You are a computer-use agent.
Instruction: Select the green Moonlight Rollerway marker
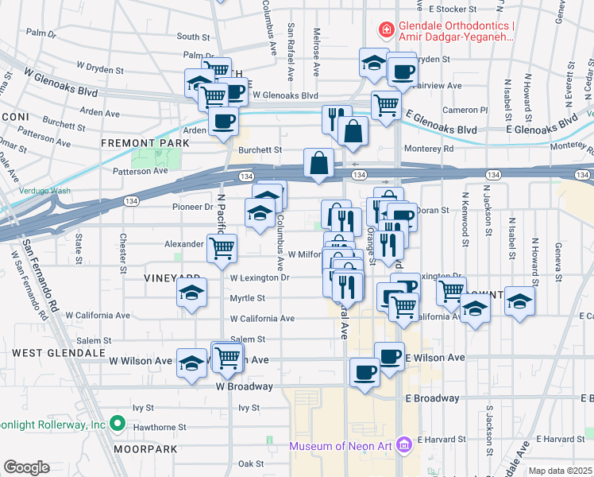[118, 423]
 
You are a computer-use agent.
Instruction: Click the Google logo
[26, 467]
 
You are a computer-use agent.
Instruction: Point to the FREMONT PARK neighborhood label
[145, 143]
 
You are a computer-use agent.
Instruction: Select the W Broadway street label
[244, 386]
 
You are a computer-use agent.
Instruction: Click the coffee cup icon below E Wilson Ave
[365, 373]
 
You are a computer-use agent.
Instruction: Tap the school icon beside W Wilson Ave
[191, 364]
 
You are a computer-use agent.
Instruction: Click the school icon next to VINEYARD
[192, 293]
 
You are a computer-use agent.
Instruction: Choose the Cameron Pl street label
[465, 111]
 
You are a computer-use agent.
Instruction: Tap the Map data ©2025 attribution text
[560, 471]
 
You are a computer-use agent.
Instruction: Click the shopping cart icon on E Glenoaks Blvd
[386, 105]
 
